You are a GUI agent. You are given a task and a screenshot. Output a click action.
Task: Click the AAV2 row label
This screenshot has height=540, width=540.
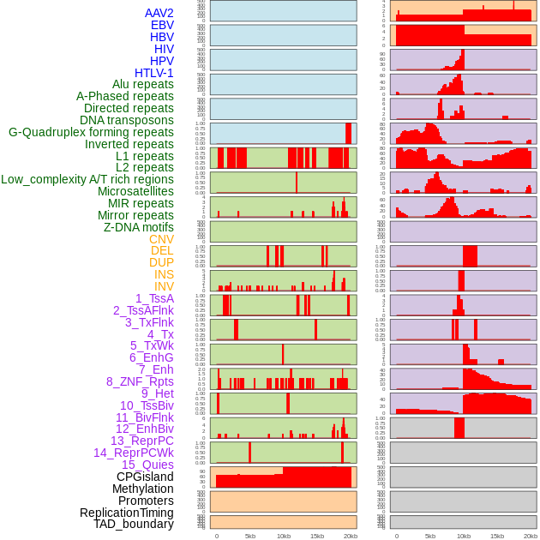coord(159,13)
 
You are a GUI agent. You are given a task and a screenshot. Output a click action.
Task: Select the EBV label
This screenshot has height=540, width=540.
coord(162,25)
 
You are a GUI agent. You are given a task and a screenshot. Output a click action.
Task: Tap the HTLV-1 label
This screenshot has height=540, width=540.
coord(153,73)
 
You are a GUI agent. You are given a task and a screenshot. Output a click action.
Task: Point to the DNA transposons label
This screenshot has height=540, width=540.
coord(127,120)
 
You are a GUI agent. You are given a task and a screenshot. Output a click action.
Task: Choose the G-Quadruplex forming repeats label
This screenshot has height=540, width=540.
coord(91,132)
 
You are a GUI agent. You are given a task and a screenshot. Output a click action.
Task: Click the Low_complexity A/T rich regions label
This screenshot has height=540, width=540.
coord(87,179)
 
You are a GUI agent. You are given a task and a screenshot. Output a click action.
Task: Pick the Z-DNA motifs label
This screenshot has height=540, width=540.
coord(138,227)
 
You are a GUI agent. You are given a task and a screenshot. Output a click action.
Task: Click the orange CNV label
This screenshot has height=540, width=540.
coord(161,239)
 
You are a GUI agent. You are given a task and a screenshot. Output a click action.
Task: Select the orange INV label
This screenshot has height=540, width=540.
coord(164,286)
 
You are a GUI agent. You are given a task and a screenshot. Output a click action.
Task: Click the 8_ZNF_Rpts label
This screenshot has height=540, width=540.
coord(140,381)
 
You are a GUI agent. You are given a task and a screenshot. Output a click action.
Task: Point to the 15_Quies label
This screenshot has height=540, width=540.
coord(147,465)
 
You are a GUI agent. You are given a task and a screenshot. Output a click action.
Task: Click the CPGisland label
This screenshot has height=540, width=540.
coord(145,477)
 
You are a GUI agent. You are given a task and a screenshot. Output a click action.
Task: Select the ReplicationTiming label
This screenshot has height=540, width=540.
coord(126,513)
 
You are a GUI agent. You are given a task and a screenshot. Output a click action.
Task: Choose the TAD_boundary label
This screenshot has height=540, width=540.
coord(133,524)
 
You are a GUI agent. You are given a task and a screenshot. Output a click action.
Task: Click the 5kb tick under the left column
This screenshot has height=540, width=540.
coord(250,536)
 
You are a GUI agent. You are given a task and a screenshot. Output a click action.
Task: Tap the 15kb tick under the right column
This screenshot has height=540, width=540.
coord(496,536)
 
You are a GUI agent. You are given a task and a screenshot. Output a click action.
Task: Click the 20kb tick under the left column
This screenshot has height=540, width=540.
coord(351,536)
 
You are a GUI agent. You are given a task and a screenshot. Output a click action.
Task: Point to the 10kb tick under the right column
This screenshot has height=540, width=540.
coord(463,536)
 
